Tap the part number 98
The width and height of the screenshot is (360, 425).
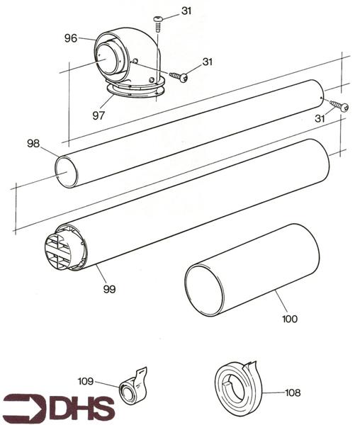coord(33,144)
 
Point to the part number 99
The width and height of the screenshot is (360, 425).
coord(108,289)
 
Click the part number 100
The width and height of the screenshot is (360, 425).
coord(289,319)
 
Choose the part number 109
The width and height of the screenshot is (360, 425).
coord(86,380)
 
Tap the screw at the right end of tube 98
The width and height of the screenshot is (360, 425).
coord(343,108)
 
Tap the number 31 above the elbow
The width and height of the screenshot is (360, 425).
coord(186,11)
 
